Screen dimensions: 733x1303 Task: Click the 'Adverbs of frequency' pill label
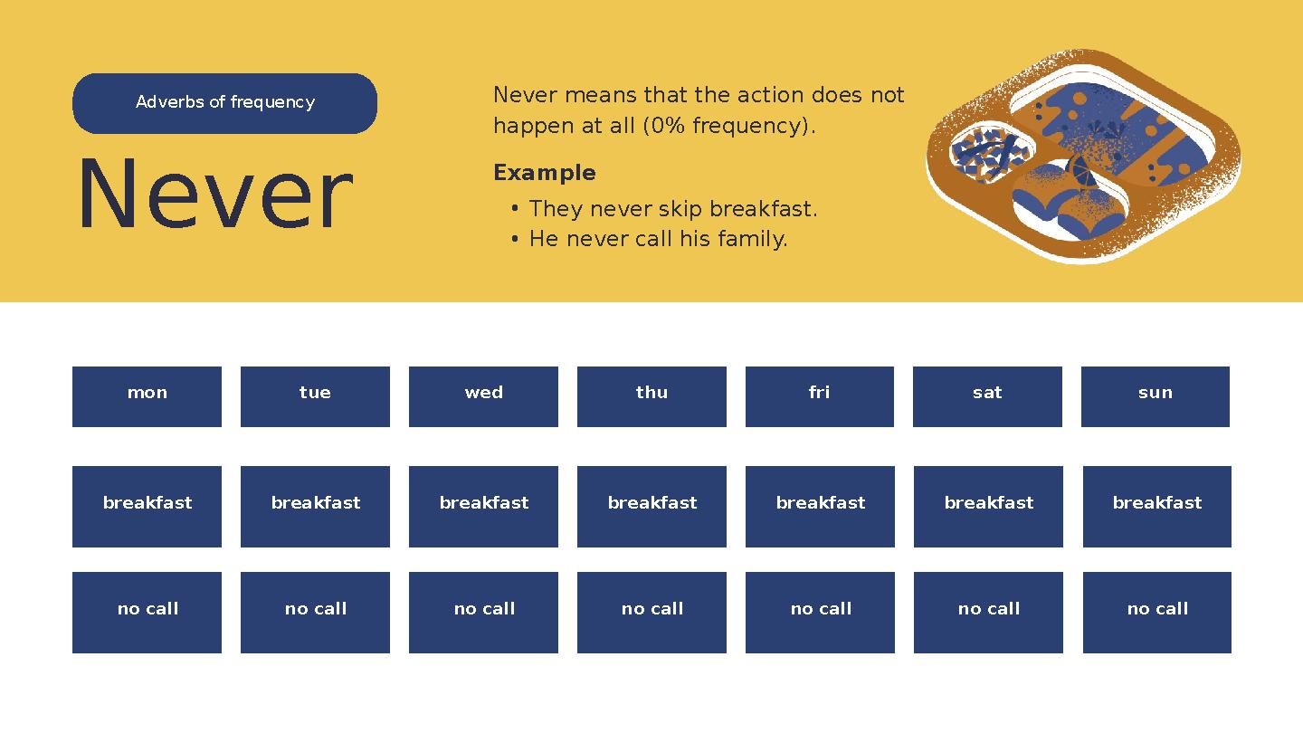pyautogui.click(x=224, y=103)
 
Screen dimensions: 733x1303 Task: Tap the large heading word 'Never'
pyautogui.click(x=215, y=195)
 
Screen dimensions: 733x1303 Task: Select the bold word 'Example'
pyautogui.click(x=544, y=173)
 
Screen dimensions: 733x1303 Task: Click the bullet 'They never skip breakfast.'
pyautogui.click(x=672, y=209)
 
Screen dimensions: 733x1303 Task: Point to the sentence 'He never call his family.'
pyautogui.click(x=658, y=239)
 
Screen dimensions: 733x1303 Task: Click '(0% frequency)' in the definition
pyautogui.click(x=728, y=126)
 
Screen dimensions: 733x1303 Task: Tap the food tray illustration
pyautogui.click(x=1083, y=156)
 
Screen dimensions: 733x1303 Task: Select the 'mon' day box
pyautogui.click(x=147, y=396)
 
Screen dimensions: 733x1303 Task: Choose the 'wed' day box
pyautogui.click(x=483, y=396)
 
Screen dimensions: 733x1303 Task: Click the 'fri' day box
pyautogui.click(x=819, y=396)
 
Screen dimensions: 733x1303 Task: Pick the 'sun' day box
pyautogui.click(x=1155, y=396)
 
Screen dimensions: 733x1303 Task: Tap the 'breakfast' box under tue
pyautogui.click(x=315, y=506)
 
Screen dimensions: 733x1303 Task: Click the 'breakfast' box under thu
pyautogui.click(x=651, y=506)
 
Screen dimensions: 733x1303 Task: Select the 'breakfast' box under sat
pyautogui.click(x=988, y=506)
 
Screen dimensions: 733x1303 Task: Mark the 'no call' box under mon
pyautogui.click(x=147, y=612)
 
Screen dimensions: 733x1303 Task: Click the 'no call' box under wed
pyautogui.click(x=483, y=612)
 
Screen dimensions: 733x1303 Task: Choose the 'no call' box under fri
pyautogui.click(x=820, y=612)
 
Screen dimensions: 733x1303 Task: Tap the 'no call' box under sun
pyautogui.click(x=1156, y=612)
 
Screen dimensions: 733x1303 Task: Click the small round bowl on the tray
pyautogui.click(x=990, y=151)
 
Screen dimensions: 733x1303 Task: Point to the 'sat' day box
pyautogui.click(x=987, y=396)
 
